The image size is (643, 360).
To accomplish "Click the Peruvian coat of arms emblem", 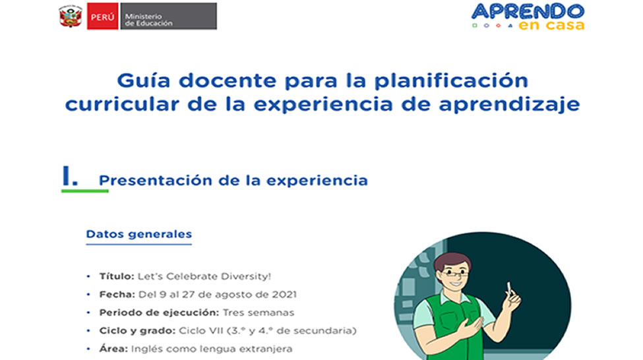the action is (x=71, y=16).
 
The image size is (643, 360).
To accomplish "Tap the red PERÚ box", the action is (x=102, y=16).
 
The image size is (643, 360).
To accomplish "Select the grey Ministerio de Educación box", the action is (x=169, y=16).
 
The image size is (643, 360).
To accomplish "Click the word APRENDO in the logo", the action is (x=528, y=11).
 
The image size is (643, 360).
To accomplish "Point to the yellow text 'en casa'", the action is (x=551, y=26).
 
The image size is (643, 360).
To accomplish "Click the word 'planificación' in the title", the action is (x=451, y=81).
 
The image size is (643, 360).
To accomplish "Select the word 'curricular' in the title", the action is (x=122, y=104).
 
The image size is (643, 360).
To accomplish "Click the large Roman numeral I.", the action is (x=70, y=175).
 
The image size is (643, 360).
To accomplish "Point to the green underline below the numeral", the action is (x=85, y=191).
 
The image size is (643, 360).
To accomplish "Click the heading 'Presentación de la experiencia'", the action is (x=233, y=181).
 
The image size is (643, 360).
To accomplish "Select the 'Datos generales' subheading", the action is (x=138, y=234).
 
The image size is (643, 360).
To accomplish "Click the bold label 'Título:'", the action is (x=117, y=276).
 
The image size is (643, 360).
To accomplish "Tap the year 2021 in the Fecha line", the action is (x=284, y=295).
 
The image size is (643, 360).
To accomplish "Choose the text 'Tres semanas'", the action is (x=259, y=313).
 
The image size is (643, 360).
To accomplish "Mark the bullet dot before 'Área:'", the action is (x=88, y=349).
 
